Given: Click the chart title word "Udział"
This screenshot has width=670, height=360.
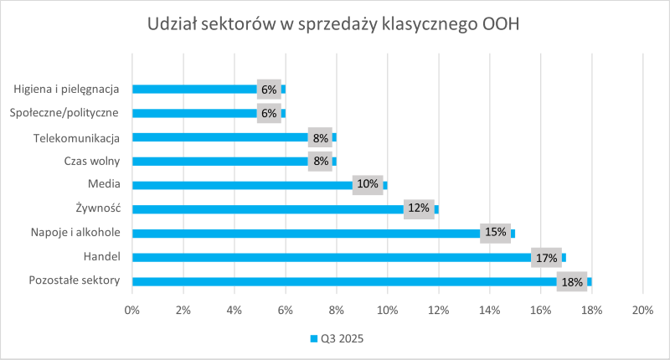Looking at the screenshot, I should point(172,24).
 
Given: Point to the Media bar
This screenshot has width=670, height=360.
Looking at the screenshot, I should point(243,185).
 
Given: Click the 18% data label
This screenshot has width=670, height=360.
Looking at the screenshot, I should point(573,282).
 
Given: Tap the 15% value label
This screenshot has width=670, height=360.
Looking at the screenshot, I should point(496,233).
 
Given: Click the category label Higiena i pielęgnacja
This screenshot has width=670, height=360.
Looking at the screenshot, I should point(67,88).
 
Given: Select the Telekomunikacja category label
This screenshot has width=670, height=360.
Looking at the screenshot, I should point(76,136).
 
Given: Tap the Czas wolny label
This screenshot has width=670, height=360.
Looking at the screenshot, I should point(92,161).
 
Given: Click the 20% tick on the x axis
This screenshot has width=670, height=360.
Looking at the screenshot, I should point(642,311).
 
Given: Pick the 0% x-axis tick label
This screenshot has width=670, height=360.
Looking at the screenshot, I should point(132,311).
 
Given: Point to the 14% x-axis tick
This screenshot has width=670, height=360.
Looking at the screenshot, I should point(489,311).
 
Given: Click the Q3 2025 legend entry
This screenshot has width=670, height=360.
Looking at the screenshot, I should point(336,339).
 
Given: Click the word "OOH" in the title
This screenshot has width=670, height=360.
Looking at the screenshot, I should point(502,24).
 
